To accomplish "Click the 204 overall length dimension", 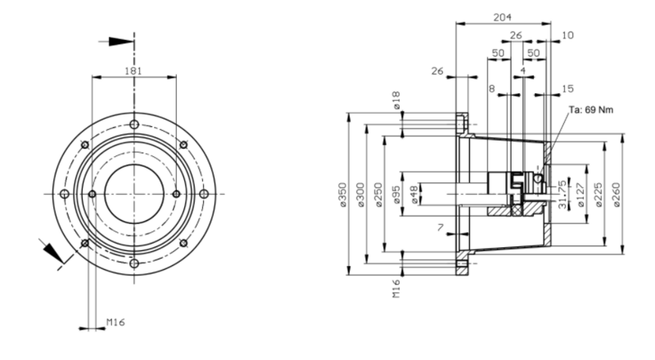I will point(504,16).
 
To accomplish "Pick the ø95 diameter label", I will point(396,194).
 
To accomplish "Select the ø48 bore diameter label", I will point(413,194).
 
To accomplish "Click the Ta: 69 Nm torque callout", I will point(591,110).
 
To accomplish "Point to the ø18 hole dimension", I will point(396,102).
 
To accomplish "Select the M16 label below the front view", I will point(118,323).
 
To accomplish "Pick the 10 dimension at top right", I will point(568,35).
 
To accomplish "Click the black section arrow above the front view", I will point(119,40).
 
